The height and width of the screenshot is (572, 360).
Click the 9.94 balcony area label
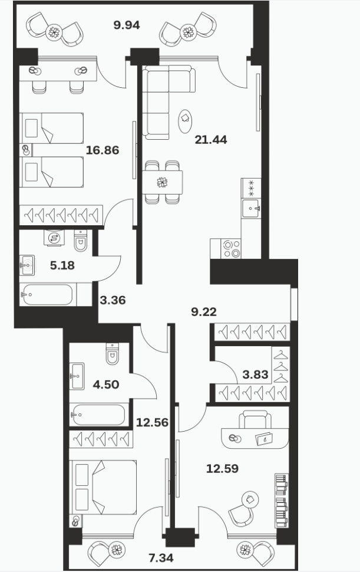coord(127,25)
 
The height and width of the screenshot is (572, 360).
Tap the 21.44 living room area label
coord(211,139)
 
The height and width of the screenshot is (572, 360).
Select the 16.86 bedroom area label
coord(103,150)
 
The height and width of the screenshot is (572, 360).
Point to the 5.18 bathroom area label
coord(62,265)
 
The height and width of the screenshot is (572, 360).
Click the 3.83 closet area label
coord(256,374)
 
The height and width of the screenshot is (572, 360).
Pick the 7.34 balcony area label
coord(161,557)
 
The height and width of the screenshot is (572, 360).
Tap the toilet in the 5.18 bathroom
coord(81,241)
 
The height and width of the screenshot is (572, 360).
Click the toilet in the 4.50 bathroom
coord(113,353)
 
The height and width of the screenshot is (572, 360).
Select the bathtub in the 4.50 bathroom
coord(99,415)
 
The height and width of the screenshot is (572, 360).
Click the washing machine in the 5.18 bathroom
coord(54,238)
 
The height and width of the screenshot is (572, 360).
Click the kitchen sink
coord(250,208)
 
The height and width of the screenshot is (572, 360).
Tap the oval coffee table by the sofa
coord(185,121)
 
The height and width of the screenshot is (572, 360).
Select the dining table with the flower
coord(162,182)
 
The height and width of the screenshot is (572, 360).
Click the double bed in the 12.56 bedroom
coord(104,487)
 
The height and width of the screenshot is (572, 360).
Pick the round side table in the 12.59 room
coord(250,499)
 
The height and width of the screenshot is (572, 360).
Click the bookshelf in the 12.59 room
coord(281,501)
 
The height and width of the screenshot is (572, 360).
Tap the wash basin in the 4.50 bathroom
coord(77,376)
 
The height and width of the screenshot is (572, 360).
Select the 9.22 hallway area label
coord(204,311)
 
